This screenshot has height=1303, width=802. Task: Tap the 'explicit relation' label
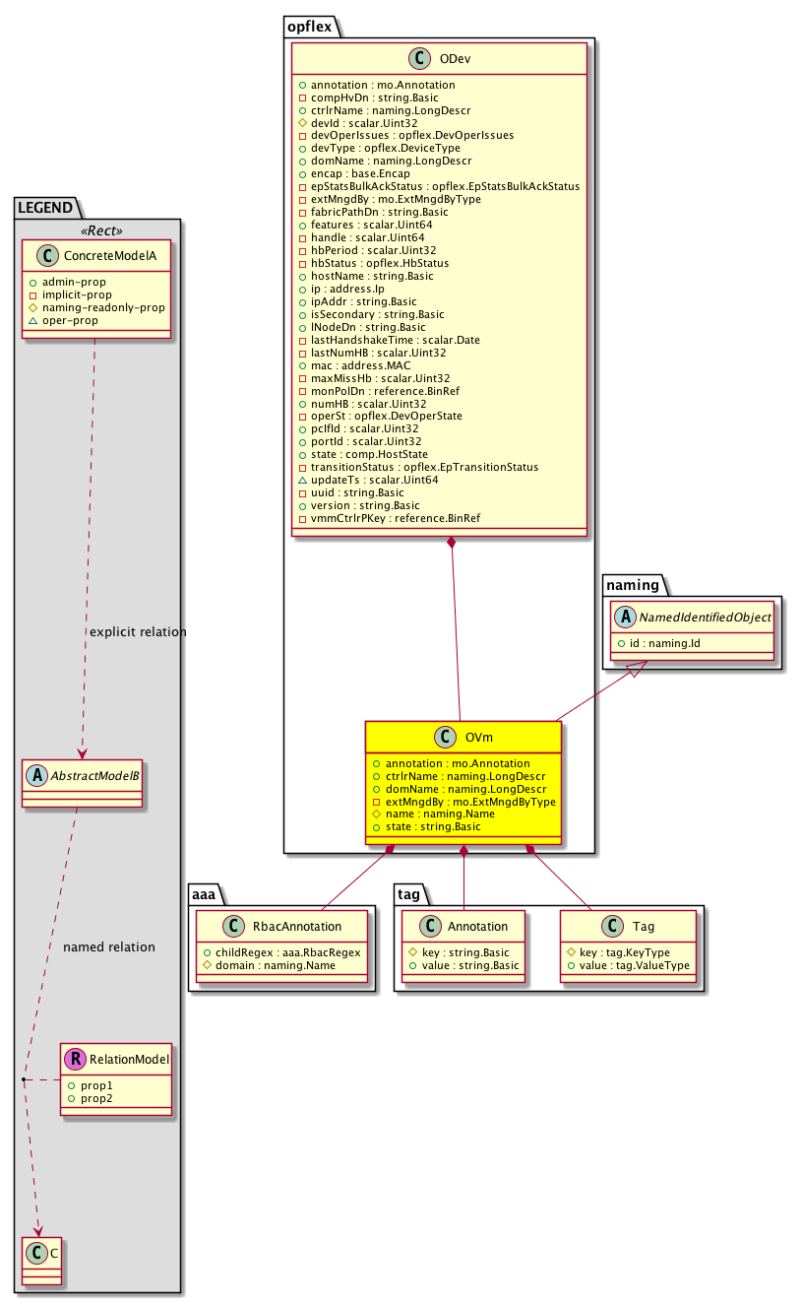pos(137,631)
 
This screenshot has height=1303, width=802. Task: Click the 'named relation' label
pos(108,946)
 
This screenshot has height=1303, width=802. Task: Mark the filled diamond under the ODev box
pos(451,543)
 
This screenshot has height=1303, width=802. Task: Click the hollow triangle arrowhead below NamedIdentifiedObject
pos(638,670)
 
